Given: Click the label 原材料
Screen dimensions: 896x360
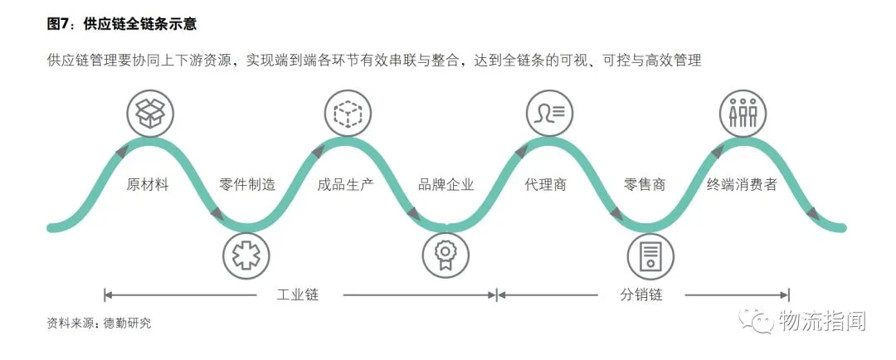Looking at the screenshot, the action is (148, 185).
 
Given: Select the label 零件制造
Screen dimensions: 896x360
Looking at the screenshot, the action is (247, 185).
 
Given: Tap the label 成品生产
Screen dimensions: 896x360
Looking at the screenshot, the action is (346, 185).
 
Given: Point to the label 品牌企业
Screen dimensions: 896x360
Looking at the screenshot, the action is (446, 185).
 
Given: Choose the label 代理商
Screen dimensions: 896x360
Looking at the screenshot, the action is (546, 185).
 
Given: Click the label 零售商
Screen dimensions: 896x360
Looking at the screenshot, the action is (644, 185).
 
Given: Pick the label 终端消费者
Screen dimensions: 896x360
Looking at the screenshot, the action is (743, 185).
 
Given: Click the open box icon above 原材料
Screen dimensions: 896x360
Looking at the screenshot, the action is (150, 114).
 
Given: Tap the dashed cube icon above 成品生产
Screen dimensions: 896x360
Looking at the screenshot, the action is (348, 114).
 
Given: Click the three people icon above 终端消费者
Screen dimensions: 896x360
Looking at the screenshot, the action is (742, 114).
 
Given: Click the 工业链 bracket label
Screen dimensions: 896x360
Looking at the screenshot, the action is (298, 294).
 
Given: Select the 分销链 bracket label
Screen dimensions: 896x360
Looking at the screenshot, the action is (641, 294).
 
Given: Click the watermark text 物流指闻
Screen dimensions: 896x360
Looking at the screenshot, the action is (821, 319).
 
